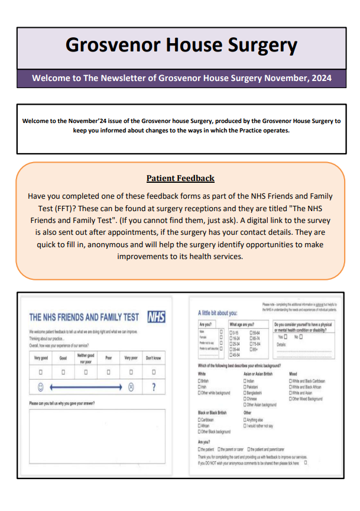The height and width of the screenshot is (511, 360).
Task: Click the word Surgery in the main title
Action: tap(257, 45)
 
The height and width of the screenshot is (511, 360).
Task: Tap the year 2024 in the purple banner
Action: tap(320, 78)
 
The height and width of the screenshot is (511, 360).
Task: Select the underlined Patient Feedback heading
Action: tap(180, 178)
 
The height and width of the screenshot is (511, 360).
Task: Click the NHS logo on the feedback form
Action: tap(155, 316)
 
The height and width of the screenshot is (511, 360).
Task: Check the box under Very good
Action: tap(41, 372)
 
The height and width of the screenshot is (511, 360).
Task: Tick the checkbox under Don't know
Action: tap(153, 372)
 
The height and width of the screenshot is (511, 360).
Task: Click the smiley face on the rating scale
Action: tap(41, 387)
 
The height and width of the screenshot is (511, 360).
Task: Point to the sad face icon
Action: tap(131, 387)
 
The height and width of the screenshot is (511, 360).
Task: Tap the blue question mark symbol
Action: tap(153, 387)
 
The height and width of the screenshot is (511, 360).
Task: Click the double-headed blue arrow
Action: tap(86, 387)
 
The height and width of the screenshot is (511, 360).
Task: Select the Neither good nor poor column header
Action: tap(86, 358)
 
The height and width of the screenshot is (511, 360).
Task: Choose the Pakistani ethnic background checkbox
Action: tap(245, 387)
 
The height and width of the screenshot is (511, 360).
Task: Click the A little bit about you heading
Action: tap(218, 313)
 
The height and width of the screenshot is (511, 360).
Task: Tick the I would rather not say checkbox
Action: tap(245, 425)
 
